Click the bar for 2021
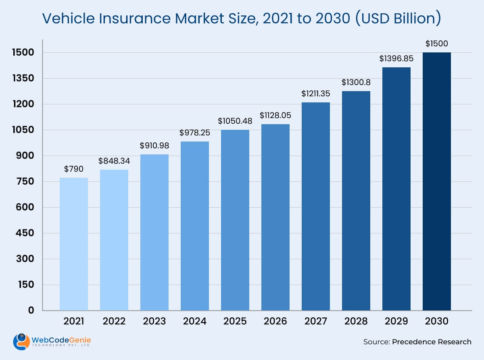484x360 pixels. click(x=74, y=244)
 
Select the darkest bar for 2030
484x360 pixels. click(x=436, y=181)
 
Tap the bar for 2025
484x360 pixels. click(x=235, y=220)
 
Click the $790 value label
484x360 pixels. click(x=74, y=169)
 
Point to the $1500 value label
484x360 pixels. click(x=436, y=44)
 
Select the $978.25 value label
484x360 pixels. click(x=195, y=133)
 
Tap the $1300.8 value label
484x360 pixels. click(x=356, y=82)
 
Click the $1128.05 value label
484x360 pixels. click(x=275, y=115)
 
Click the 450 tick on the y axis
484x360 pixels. click(x=25, y=233)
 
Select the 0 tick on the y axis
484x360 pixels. click(x=31, y=310)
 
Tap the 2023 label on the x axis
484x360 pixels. click(x=154, y=321)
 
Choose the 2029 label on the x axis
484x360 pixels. click(x=396, y=321)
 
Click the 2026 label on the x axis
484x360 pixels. click(x=275, y=321)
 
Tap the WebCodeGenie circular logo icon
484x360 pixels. click(x=21, y=341)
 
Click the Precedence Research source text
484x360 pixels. click(x=431, y=342)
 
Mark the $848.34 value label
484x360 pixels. click(x=114, y=161)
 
